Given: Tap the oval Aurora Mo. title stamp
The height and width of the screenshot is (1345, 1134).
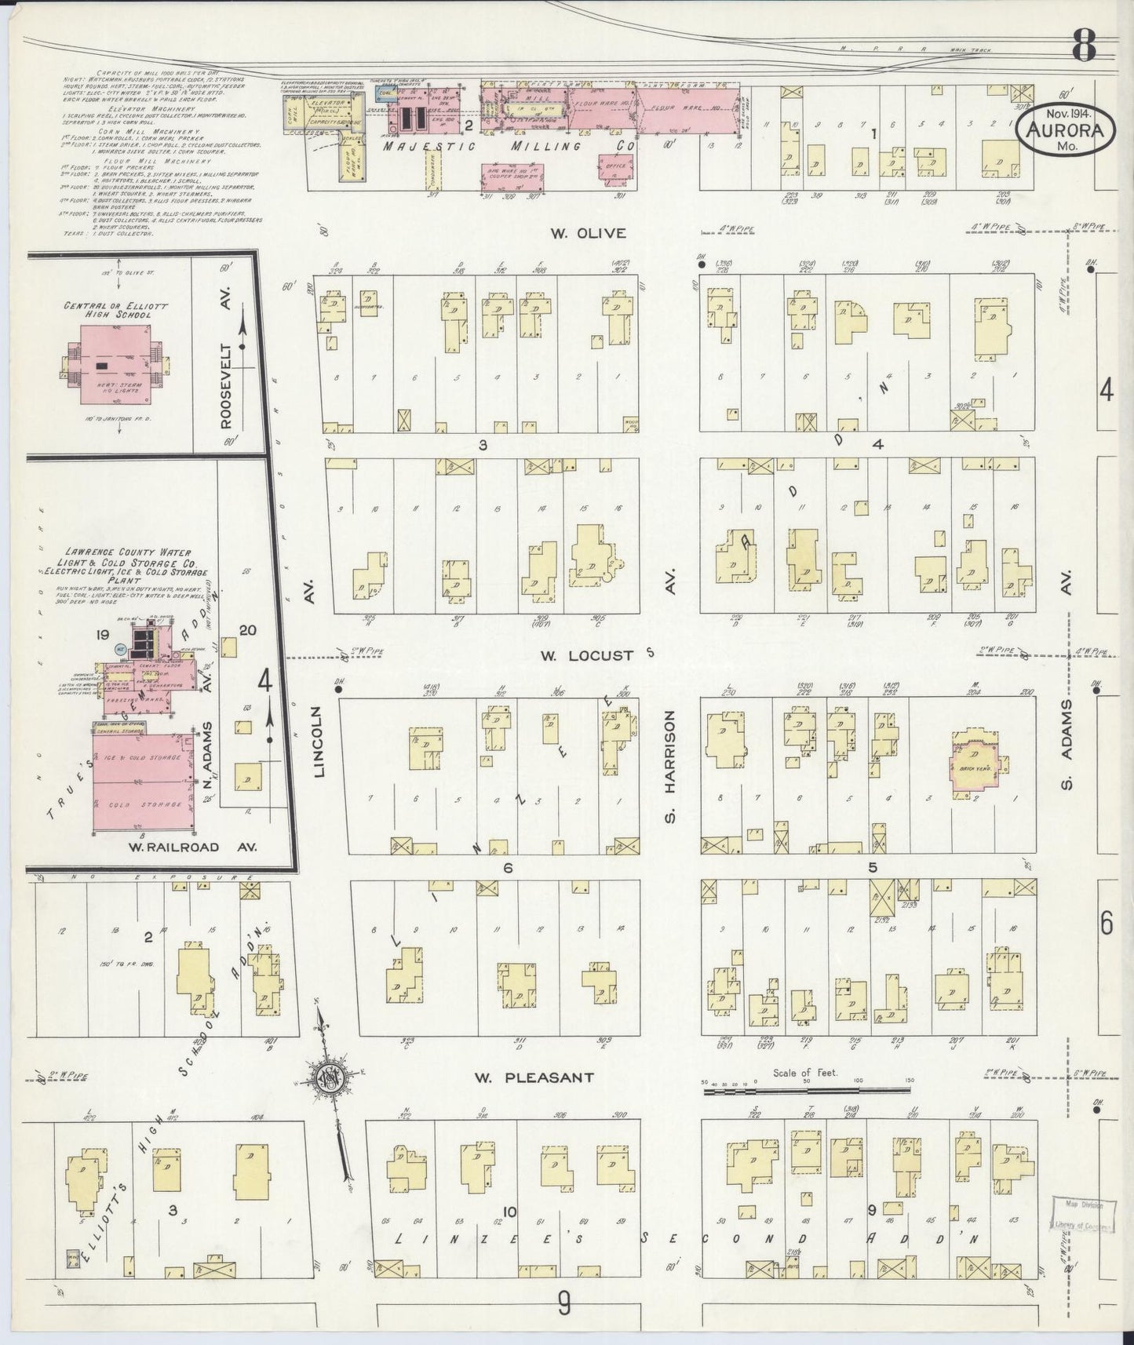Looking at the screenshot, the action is click(x=1065, y=134).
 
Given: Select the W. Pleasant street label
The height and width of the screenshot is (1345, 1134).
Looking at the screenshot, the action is click(x=533, y=1077).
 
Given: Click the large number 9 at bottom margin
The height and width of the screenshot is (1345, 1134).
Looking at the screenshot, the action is click(x=563, y=1304).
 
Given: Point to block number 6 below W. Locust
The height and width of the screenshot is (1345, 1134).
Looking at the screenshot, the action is click(x=508, y=868).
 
